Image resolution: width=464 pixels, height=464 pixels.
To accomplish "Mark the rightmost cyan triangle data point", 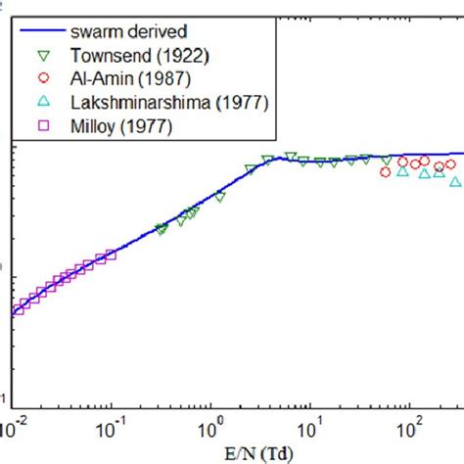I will (455, 182).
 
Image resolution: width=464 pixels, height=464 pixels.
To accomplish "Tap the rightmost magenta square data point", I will (112, 255).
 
